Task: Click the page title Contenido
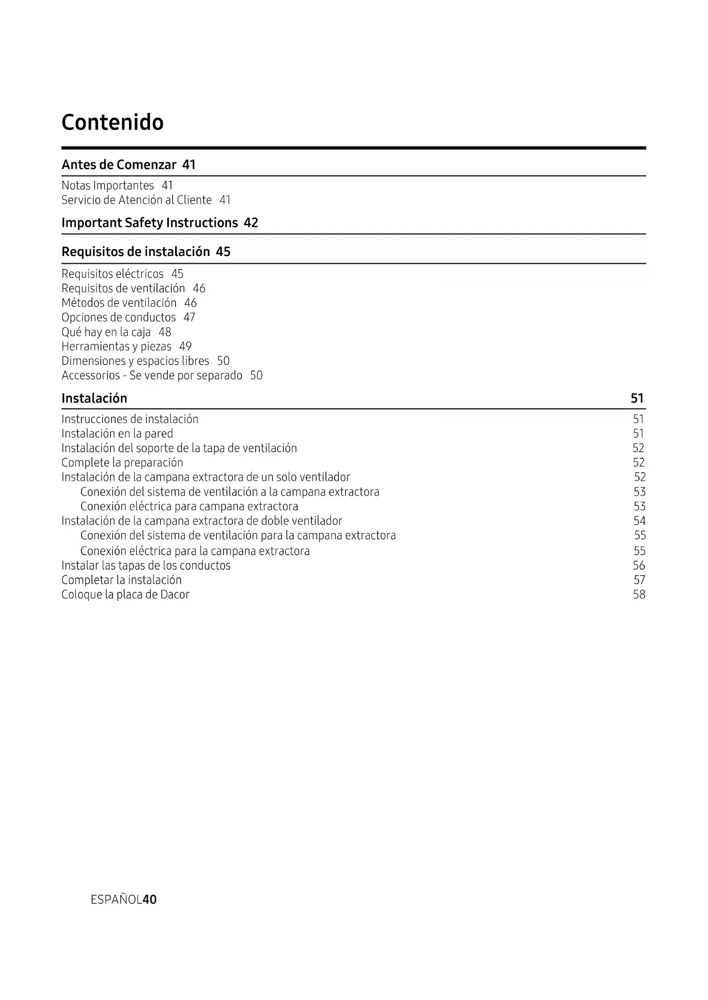point(112,122)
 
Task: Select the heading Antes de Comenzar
point(119,165)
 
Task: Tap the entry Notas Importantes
point(107,185)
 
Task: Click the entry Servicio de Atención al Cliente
point(136,200)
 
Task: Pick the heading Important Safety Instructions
point(149,223)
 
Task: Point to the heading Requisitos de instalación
point(136,252)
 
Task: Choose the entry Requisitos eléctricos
point(112,274)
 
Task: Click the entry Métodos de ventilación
point(119,303)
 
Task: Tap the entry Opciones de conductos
point(119,317)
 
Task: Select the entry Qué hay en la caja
point(106,332)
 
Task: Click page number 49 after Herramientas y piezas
point(185,347)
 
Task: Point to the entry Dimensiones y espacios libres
point(135,361)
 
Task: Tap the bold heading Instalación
point(94,399)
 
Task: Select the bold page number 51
point(637,399)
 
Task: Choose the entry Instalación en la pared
point(117,434)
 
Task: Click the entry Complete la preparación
point(122,463)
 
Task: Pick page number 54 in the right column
point(640,521)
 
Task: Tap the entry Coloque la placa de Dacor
point(125,595)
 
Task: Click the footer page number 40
point(149,900)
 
